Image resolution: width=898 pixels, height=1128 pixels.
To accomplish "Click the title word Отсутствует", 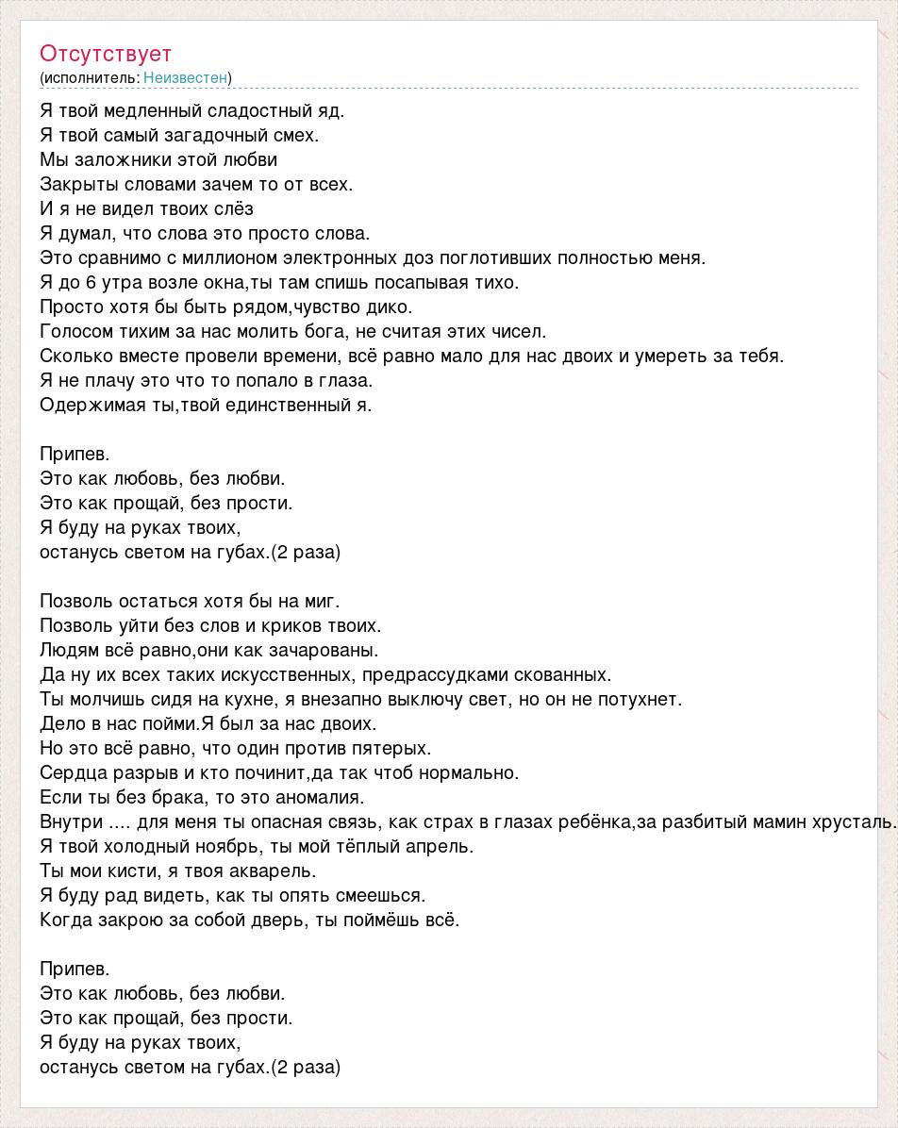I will [106, 54].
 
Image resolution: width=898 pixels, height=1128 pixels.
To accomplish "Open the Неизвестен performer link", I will [185, 77].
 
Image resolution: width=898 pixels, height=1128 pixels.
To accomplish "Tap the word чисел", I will [522, 331].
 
